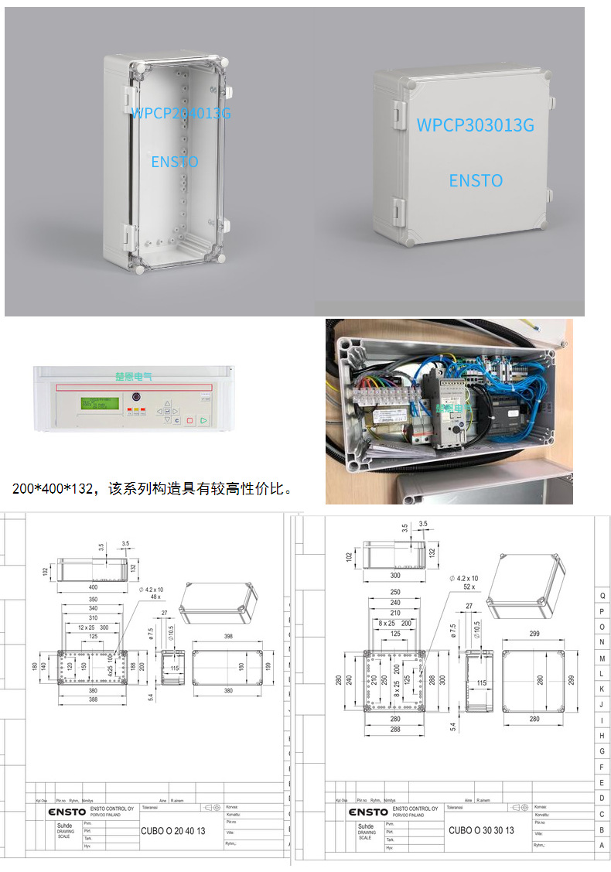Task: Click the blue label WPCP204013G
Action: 181,113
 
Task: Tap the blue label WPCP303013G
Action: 475,125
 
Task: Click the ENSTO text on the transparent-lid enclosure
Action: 175,162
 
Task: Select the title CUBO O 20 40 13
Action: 172,831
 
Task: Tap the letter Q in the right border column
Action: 602,595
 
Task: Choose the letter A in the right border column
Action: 602,846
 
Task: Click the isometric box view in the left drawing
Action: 217,602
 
